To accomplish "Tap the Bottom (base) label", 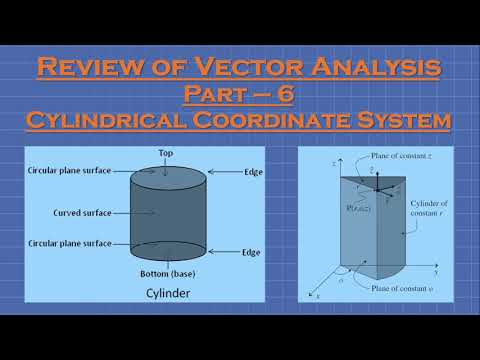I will (164, 273).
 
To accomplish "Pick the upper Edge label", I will (253, 172).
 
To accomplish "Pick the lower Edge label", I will (253, 252).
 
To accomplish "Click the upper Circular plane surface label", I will (72, 172).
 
